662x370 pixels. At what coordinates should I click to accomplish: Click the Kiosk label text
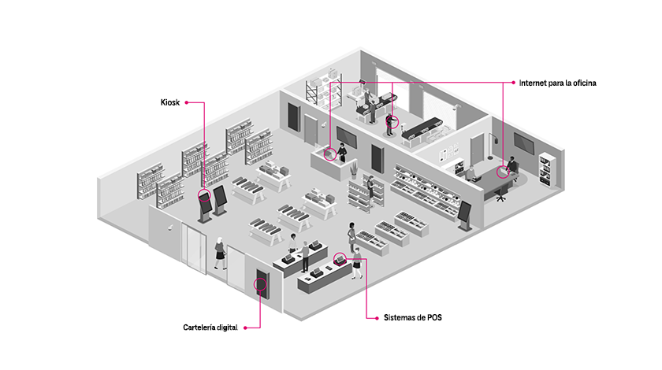point(169,103)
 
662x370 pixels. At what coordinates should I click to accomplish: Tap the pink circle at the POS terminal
point(340,257)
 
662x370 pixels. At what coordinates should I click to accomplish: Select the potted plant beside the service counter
point(353,169)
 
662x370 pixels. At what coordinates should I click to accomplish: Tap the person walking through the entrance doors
point(219,253)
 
